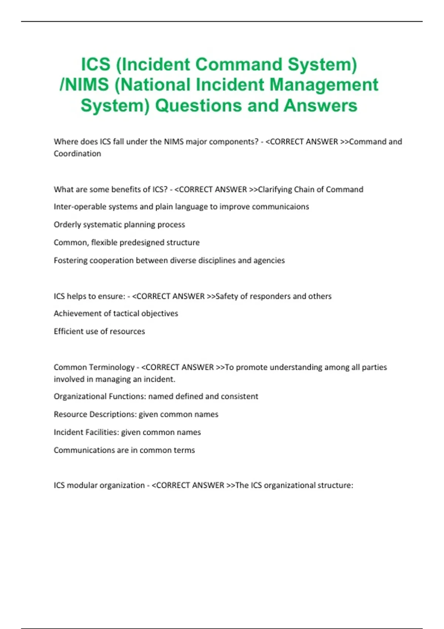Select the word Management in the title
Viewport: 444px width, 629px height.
pos(324,85)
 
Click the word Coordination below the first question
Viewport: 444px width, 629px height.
pos(77,154)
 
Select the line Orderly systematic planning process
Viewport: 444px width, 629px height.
pos(119,225)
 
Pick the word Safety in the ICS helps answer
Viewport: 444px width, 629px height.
pos(227,296)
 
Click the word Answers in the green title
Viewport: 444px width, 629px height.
pos(320,105)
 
